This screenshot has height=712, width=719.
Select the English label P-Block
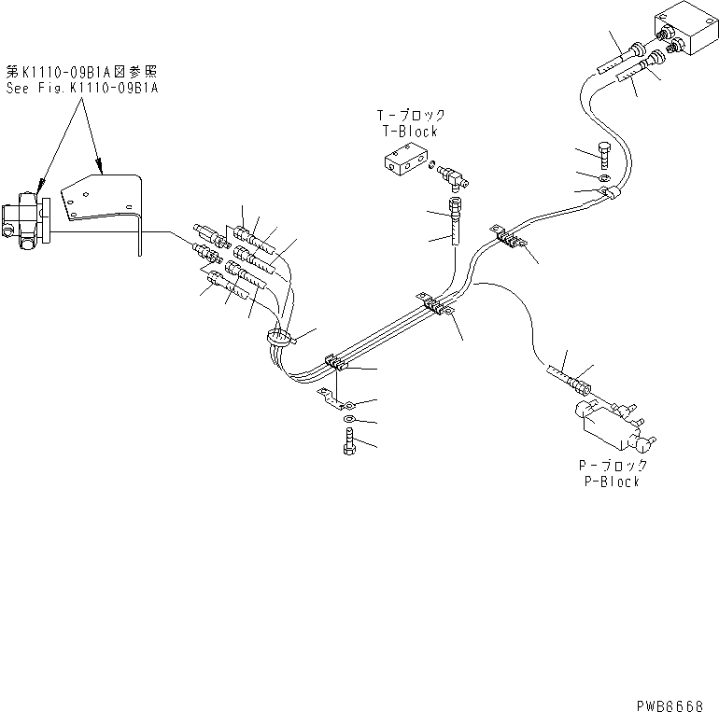tap(608, 482)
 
